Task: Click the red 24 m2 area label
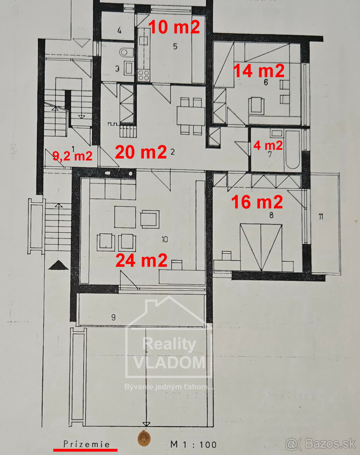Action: (141, 260)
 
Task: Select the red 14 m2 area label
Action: (258, 71)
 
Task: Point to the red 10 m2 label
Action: (174, 27)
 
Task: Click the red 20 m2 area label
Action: (141, 152)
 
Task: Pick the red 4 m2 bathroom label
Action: (268, 145)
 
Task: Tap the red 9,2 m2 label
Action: (72, 156)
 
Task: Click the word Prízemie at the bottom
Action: (86, 444)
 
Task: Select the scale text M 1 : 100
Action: (194, 444)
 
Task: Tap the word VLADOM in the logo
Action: (169, 362)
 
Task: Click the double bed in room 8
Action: (261, 247)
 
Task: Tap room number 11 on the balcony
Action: (321, 217)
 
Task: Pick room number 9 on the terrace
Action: (113, 317)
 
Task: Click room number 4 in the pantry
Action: (119, 31)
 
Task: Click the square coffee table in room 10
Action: (125, 217)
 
